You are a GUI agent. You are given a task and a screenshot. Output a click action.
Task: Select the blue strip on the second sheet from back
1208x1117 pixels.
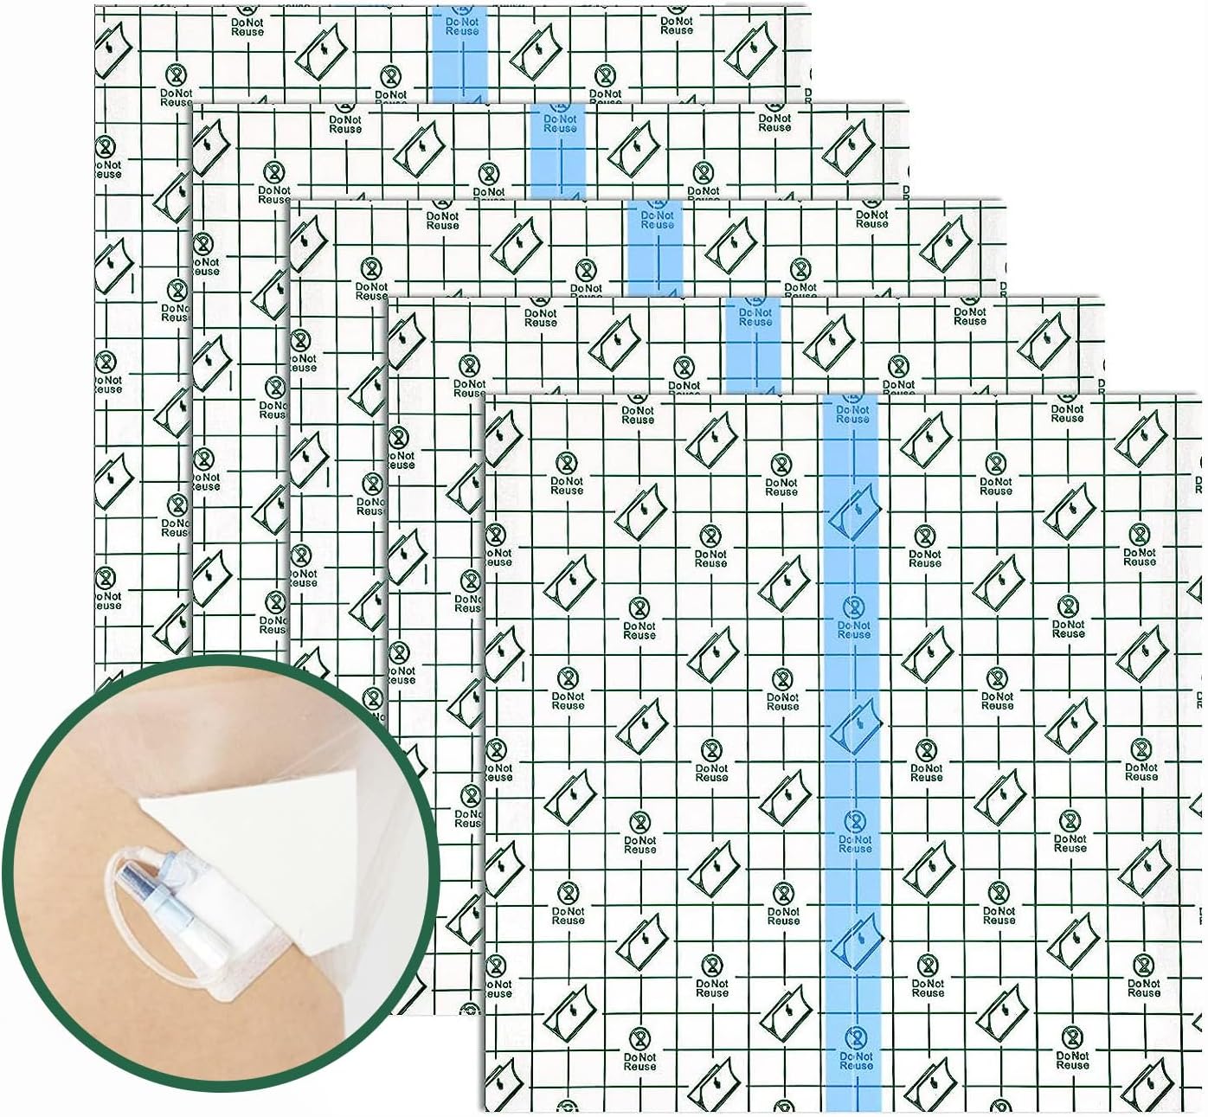pyautogui.click(x=559, y=151)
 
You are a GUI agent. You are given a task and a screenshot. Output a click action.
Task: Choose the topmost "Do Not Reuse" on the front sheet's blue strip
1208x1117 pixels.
pyautogui.click(x=852, y=414)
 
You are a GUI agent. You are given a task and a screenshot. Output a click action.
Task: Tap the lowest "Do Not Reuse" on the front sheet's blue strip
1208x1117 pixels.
pyautogui.click(x=856, y=1061)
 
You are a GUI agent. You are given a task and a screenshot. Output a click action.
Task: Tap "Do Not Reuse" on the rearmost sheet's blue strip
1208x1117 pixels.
pyautogui.click(x=462, y=26)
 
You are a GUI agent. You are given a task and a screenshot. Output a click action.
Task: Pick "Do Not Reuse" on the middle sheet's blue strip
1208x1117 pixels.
pyautogui.click(x=658, y=220)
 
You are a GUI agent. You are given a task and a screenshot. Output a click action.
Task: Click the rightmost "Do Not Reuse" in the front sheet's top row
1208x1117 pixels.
pyautogui.click(x=1067, y=414)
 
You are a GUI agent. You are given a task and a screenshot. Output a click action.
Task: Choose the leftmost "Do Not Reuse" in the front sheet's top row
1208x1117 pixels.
pyautogui.click(x=638, y=415)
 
